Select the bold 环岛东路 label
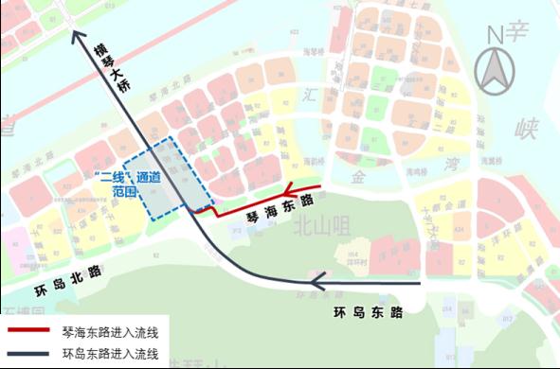click(370, 311)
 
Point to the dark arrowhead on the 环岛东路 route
click(318, 280)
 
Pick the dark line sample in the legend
click(35, 355)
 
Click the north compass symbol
click(497, 69)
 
